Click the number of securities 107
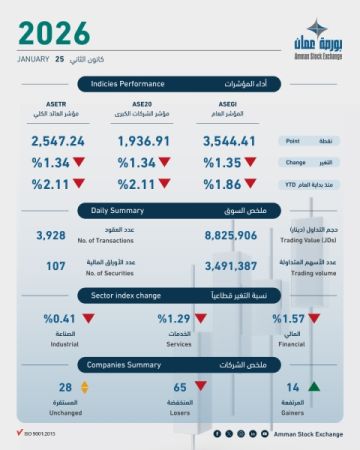(x=49, y=266)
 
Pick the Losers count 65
(x=180, y=387)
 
